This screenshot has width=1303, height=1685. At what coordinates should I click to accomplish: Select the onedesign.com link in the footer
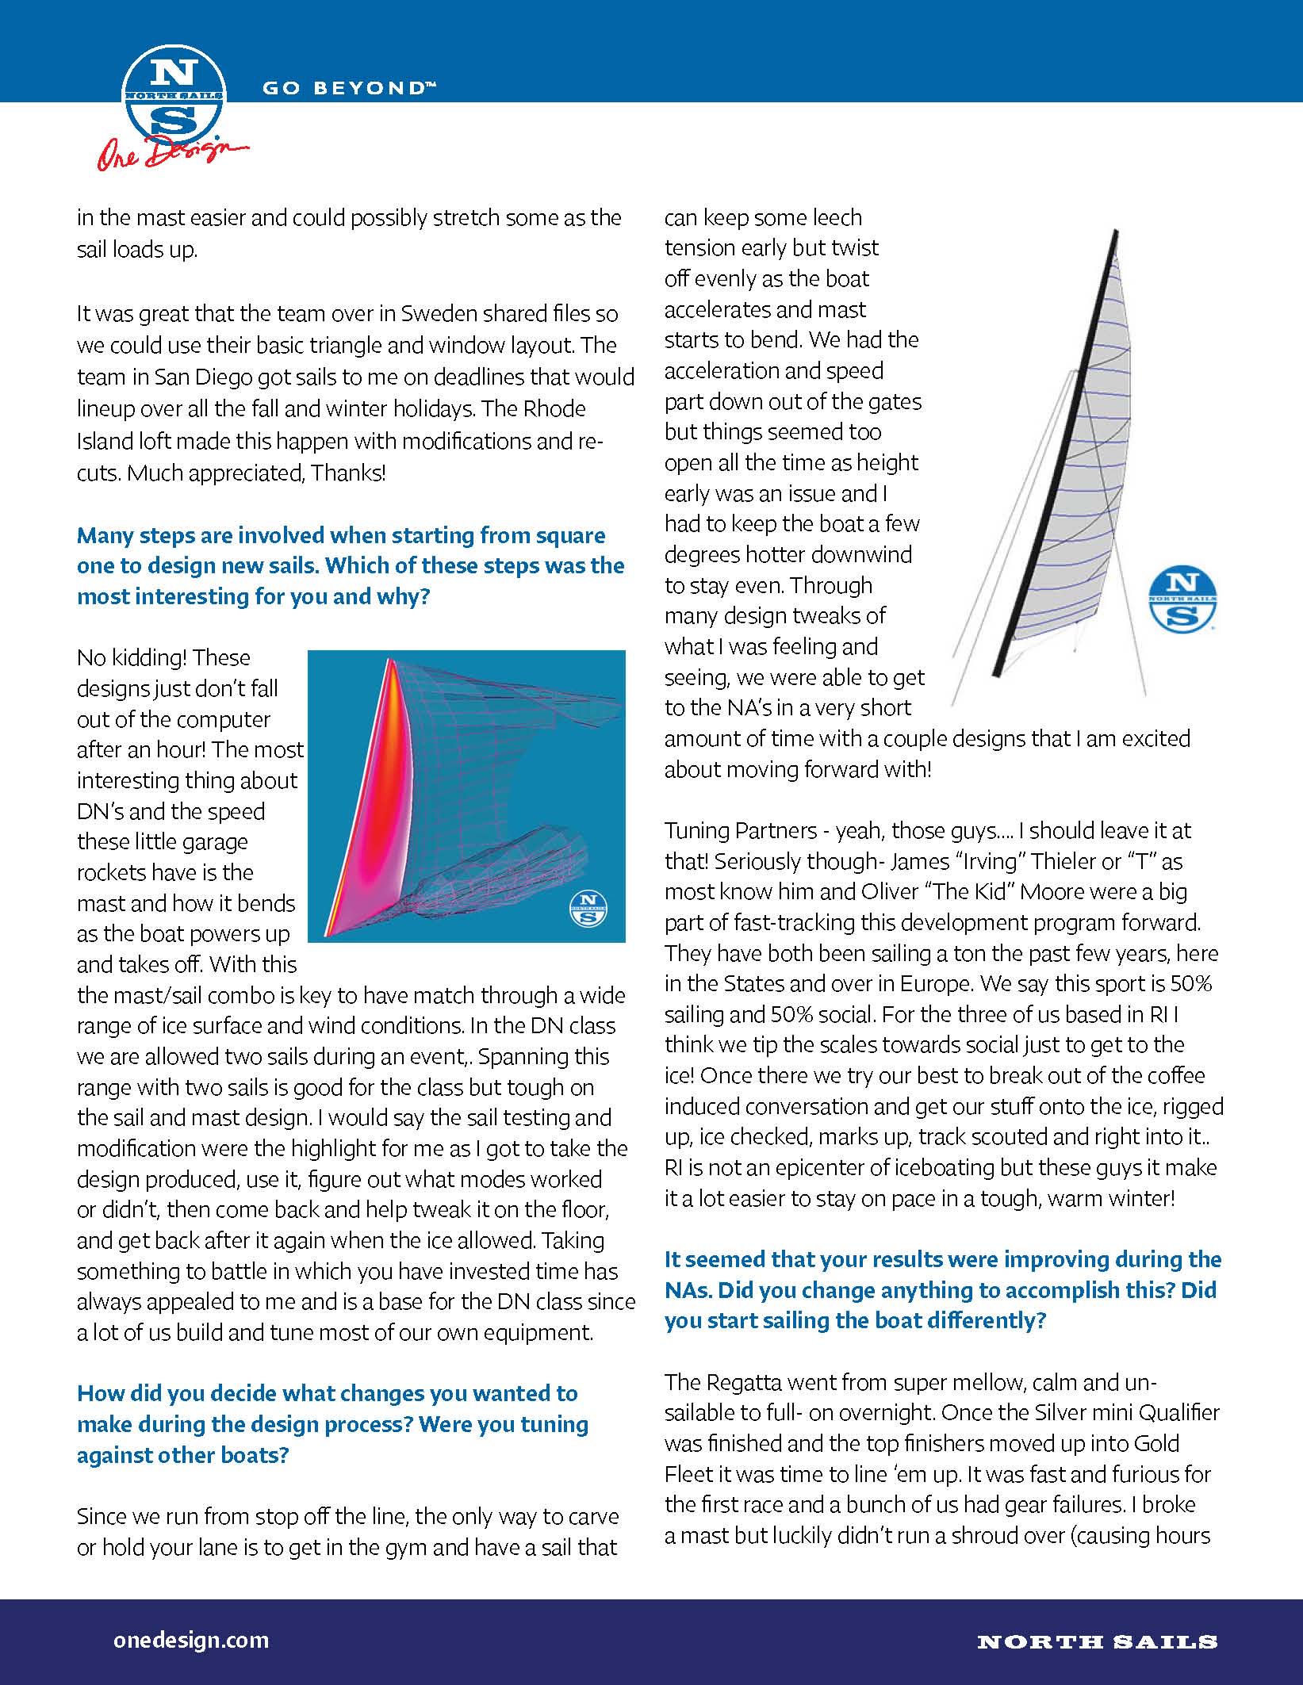(x=191, y=1640)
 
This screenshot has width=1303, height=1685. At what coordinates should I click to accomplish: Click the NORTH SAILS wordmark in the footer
(x=1097, y=1641)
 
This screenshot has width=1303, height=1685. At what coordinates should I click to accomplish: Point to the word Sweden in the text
(x=439, y=313)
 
